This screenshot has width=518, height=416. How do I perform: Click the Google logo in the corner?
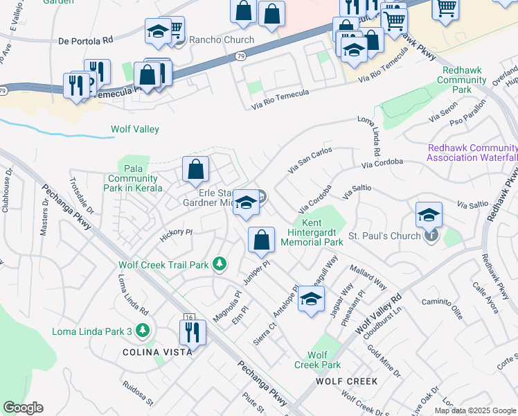(x=23, y=408)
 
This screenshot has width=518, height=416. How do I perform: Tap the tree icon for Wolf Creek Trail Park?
(x=219, y=263)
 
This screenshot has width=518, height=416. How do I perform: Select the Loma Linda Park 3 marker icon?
(x=143, y=331)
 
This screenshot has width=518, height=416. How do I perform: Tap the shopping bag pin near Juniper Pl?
(x=261, y=240)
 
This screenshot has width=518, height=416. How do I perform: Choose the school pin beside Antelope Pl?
(x=311, y=300)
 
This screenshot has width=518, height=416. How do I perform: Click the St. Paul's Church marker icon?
(x=431, y=236)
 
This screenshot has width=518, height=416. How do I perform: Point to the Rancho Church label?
(x=222, y=40)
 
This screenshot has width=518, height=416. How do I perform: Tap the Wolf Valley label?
(x=135, y=129)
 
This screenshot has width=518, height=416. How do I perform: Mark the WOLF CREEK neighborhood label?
(x=346, y=381)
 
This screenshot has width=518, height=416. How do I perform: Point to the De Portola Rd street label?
(x=86, y=41)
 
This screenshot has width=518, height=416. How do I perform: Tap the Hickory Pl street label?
(x=175, y=232)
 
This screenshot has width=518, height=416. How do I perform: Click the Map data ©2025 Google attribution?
(x=475, y=410)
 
